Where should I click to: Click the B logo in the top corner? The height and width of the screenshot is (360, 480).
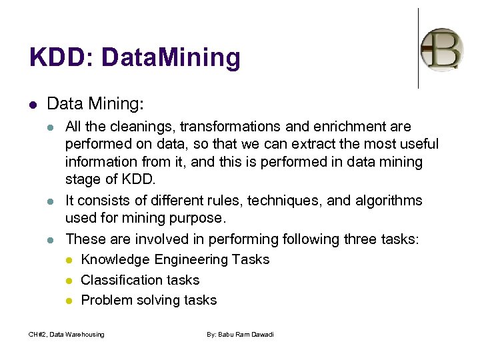pos(442,49)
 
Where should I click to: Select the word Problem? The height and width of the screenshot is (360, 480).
pos(107,301)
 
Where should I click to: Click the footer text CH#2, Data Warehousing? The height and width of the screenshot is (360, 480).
pos(67,335)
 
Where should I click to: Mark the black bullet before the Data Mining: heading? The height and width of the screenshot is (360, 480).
pos(33,105)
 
